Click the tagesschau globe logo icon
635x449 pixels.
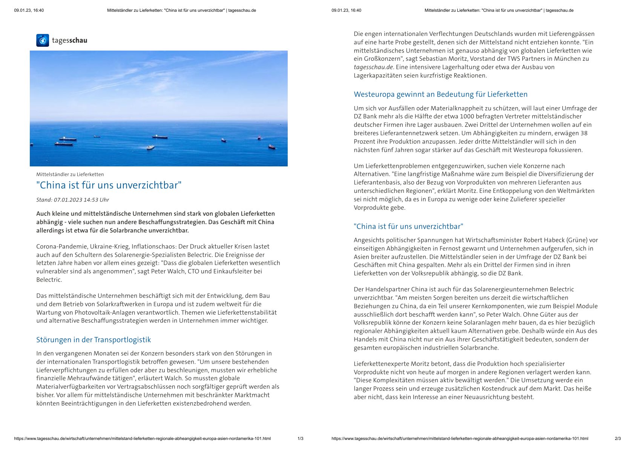coord(43,40)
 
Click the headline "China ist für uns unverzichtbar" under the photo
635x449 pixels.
coord(109,185)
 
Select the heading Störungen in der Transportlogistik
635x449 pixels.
coord(93,340)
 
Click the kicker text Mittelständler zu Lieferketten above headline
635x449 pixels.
coord(70,174)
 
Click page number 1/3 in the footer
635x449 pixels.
coord(300,438)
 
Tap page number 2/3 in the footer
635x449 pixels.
coord(618,438)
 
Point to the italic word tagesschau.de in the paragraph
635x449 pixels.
coord(373,67)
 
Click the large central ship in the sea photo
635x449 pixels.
coord(160,137)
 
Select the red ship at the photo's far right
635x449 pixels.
coord(271,146)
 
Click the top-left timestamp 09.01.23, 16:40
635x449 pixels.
coord(29,10)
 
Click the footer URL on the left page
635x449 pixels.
coord(142,438)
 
